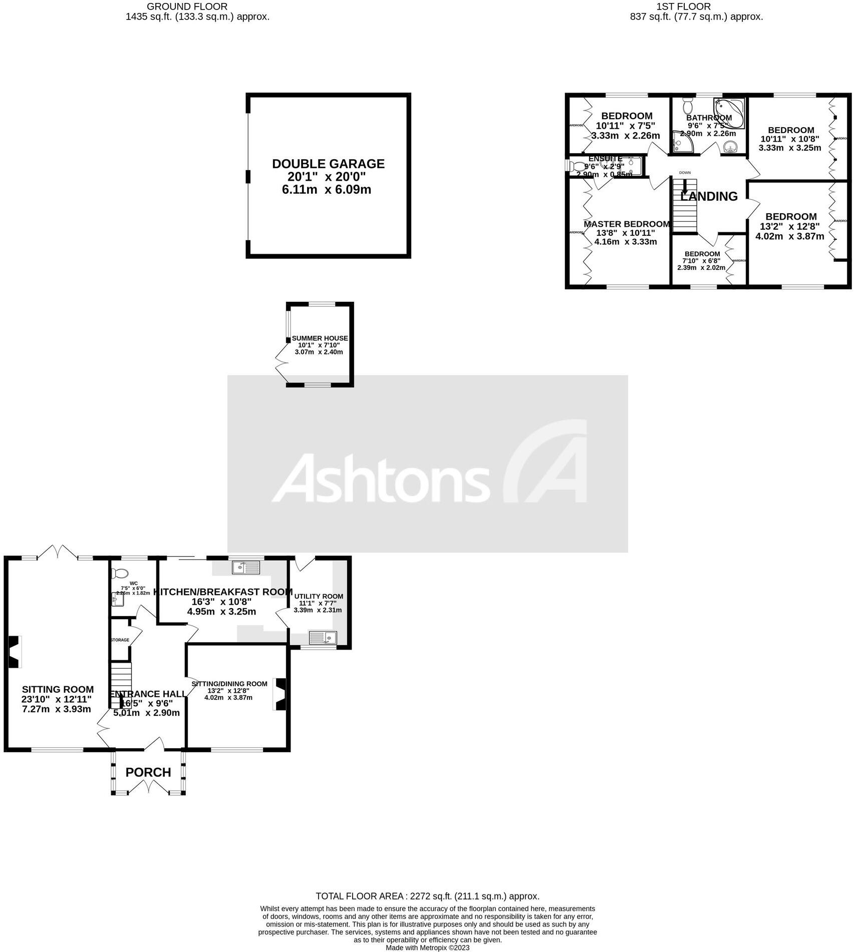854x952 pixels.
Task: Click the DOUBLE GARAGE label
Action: [x=328, y=164]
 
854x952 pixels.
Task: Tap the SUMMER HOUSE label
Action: [x=320, y=338]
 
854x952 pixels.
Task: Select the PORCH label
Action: [x=148, y=772]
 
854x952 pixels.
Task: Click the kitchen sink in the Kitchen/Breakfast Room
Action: [x=246, y=567]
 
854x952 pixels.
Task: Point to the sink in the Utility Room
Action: [x=323, y=638]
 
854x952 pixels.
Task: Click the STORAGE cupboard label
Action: [x=120, y=640]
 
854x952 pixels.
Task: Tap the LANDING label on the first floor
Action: [x=710, y=197]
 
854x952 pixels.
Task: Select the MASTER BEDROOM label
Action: [x=626, y=224]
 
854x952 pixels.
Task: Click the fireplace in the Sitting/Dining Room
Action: [x=279, y=694]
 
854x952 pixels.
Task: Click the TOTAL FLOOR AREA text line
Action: [x=427, y=896]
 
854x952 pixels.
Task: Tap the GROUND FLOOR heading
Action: [x=187, y=7]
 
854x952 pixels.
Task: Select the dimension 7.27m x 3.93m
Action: [x=57, y=709]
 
